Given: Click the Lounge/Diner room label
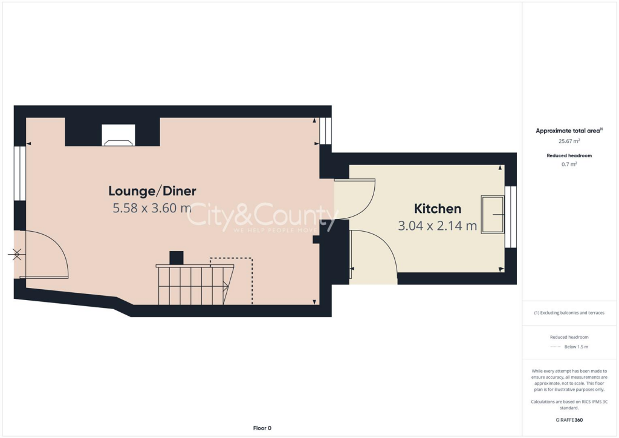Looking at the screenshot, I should [152, 191].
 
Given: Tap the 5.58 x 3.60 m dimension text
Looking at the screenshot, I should [152, 209].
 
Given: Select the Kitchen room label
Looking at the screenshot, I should [438, 209].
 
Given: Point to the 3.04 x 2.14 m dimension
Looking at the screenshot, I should [438, 226].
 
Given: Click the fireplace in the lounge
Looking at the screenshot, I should [118, 136].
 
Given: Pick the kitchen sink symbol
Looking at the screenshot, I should [493, 214].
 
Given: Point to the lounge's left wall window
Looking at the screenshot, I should [20, 173].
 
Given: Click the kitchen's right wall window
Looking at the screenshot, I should [511, 217].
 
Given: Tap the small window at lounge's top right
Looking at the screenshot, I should [326, 131].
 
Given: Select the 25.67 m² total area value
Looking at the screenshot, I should [569, 141].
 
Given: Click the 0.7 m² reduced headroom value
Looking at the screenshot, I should [569, 164].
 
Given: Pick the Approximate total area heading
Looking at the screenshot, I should [569, 131].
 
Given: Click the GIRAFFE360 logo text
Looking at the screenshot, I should [569, 420].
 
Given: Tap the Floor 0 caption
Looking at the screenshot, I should [262, 428].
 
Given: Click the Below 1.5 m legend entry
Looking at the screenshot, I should [575, 347].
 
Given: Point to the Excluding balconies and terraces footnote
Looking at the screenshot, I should [569, 313].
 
